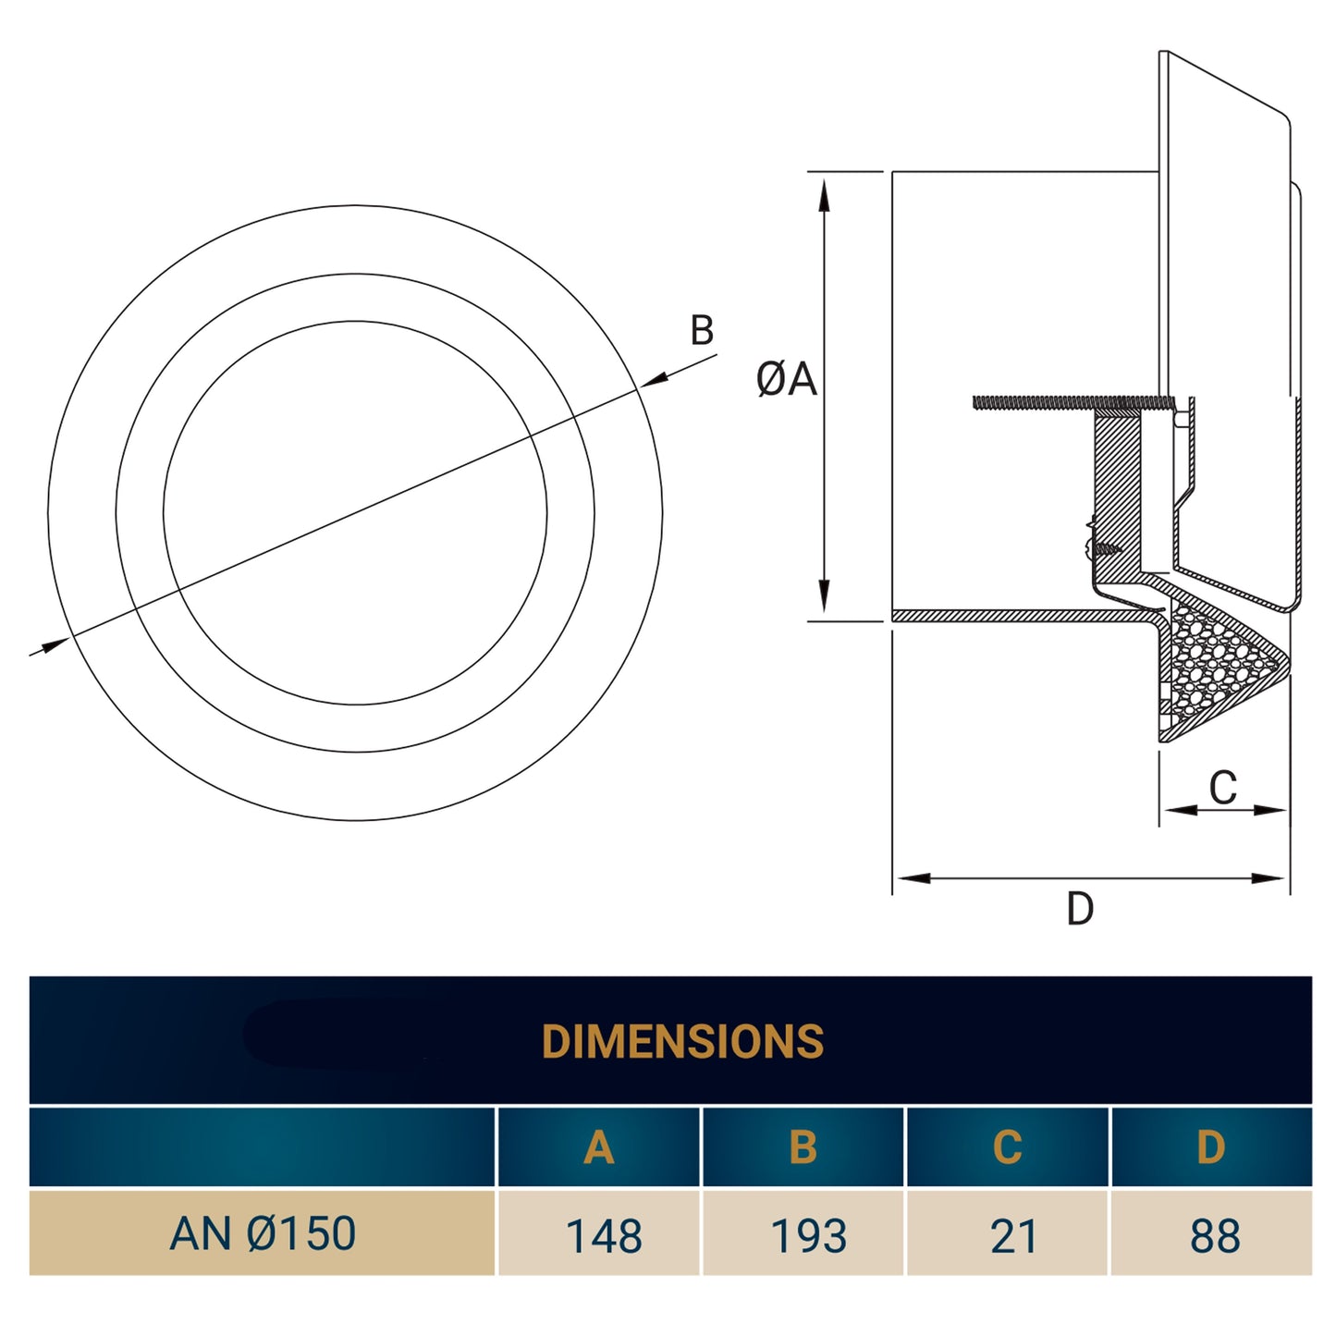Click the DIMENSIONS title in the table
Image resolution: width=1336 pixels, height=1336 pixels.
click(682, 1041)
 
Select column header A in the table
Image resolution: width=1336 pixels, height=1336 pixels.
click(599, 1147)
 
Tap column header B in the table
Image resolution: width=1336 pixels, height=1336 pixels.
click(803, 1147)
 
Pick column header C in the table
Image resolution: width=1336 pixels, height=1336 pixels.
click(1007, 1147)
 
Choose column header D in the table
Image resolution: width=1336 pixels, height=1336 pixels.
click(1210, 1147)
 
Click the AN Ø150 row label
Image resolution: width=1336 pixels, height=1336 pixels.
click(263, 1233)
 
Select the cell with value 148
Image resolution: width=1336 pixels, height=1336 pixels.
click(603, 1236)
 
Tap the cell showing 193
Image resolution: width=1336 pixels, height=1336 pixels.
click(808, 1236)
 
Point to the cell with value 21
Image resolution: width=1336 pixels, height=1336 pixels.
click(1013, 1236)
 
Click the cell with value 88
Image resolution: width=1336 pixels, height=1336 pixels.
click(1215, 1236)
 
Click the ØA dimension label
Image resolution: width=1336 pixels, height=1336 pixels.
click(786, 379)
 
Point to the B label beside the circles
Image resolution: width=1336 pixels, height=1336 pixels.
click(702, 330)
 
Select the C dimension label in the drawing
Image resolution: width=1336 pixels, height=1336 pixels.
click(1222, 788)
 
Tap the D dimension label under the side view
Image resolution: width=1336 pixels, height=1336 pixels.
click(1080, 909)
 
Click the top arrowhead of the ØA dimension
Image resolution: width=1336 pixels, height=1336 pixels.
click(824, 194)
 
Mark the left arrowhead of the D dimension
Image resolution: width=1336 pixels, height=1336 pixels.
click(912, 877)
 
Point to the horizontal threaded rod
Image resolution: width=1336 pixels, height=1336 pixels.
click(1063, 402)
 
